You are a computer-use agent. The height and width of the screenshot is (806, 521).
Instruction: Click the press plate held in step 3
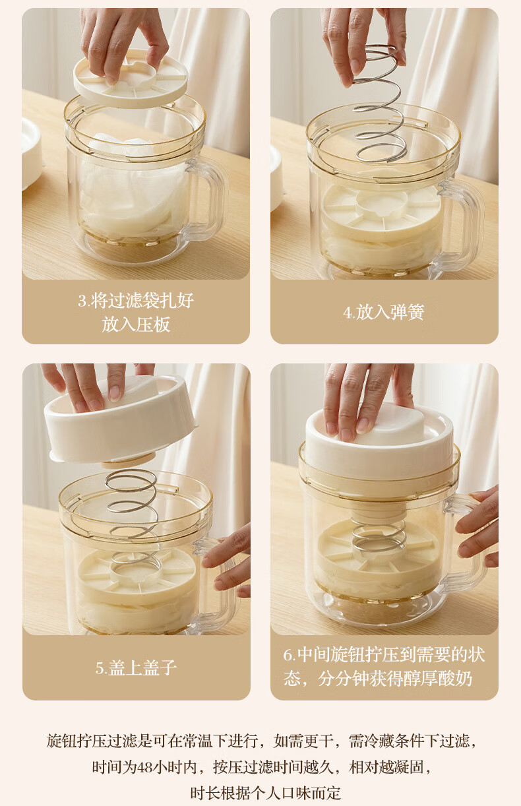(x=131, y=81)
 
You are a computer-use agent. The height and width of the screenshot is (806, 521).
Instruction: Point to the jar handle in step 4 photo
(x=464, y=223)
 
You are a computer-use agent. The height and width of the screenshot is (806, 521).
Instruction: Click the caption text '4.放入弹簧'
(x=384, y=312)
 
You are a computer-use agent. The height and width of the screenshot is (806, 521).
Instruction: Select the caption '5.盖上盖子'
(x=136, y=668)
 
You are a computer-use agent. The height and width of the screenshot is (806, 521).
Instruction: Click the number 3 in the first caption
(x=82, y=301)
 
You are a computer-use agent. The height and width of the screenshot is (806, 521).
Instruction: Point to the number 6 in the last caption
(x=288, y=655)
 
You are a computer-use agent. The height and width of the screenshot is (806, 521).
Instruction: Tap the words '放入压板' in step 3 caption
(x=136, y=325)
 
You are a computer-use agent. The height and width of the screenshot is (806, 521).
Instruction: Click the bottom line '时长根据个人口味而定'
(x=266, y=793)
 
